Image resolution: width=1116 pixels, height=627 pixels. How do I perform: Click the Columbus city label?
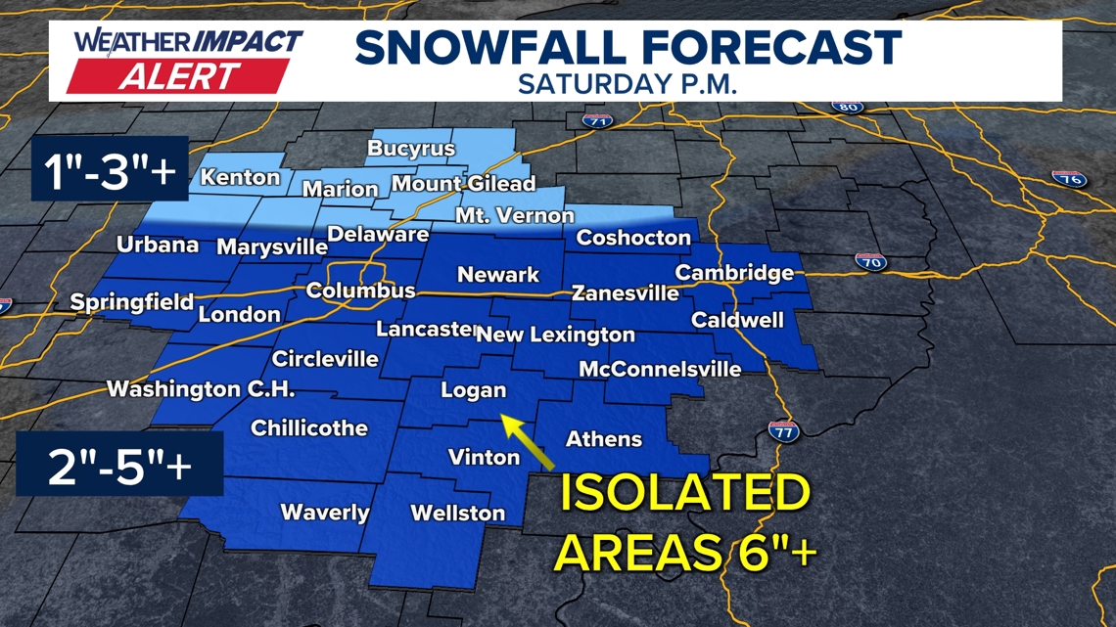(x=360, y=291)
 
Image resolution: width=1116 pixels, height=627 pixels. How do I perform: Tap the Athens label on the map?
(x=603, y=438)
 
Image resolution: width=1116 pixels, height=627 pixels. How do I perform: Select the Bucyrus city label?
(x=411, y=149)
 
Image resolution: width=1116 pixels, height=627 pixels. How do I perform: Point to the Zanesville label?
(x=625, y=292)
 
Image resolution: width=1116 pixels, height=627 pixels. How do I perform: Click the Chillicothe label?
(x=308, y=427)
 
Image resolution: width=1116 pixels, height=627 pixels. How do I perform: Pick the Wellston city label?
(x=457, y=513)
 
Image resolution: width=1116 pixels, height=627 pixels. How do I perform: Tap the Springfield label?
(x=131, y=302)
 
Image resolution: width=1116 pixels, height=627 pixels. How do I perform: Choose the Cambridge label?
(x=734, y=273)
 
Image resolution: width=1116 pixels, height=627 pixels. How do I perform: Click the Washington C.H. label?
(x=200, y=388)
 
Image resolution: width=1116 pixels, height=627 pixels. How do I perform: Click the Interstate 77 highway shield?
(x=783, y=430)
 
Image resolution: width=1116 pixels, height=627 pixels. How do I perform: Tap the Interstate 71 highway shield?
(x=596, y=121)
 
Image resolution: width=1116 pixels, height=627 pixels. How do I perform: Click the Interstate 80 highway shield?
(x=848, y=107)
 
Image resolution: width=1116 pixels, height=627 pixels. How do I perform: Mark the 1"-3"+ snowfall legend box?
(x=110, y=172)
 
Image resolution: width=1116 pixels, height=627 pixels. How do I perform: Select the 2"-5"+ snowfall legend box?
(x=119, y=464)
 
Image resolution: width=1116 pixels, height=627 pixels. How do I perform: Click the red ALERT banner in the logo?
(x=178, y=75)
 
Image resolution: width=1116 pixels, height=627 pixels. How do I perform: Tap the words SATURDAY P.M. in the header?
(x=628, y=83)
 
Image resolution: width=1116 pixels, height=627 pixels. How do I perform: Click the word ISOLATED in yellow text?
(x=684, y=494)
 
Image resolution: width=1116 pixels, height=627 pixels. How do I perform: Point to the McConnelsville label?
(x=659, y=369)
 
